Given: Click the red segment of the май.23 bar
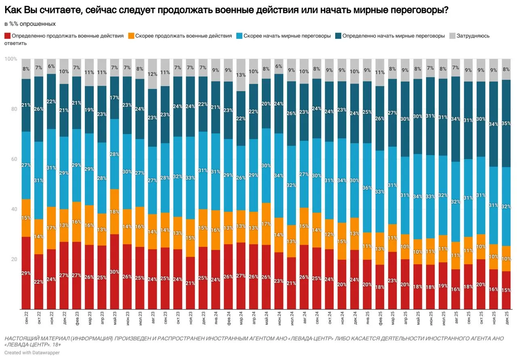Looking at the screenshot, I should [x=115, y=272].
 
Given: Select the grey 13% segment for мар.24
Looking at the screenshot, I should [x=241, y=75].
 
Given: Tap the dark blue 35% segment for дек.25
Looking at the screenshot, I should [x=506, y=123].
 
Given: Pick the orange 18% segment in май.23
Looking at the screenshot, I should [x=115, y=212].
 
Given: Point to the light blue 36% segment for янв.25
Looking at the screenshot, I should [x=368, y=187].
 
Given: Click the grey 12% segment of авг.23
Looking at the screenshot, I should [x=153, y=74].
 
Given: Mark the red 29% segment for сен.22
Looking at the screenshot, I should [x=26, y=273].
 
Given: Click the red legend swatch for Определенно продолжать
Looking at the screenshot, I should [x=8, y=36].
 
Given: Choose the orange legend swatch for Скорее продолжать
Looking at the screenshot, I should [x=131, y=36].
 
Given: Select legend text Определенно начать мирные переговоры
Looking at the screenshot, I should [x=393, y=36].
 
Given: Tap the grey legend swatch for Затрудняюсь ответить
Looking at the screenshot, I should [x=452, y=36].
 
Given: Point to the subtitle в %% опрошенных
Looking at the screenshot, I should [x=30, y=24].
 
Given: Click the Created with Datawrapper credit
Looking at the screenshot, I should [x=32, y=353].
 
